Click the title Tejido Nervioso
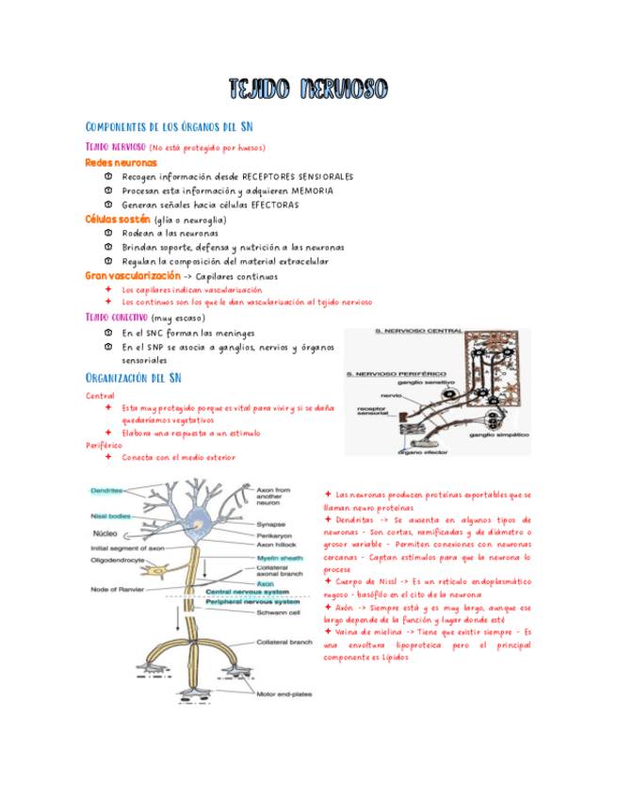[x=308, y=90]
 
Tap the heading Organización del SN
[x=134, y=378]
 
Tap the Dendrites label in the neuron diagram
[x=109, y=491]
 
